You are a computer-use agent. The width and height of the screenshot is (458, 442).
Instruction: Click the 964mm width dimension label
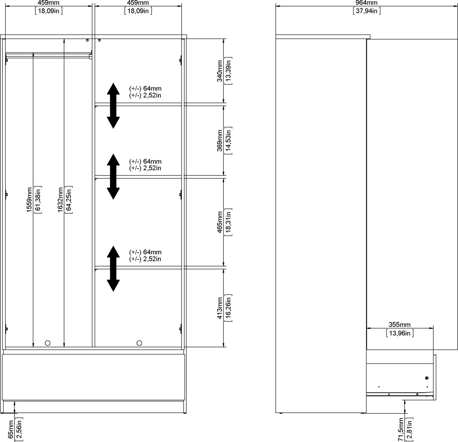coord(367,3)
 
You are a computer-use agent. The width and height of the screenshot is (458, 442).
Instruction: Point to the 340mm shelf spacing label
coord(219,71)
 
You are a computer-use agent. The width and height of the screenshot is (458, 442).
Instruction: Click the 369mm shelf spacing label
coord(219,141)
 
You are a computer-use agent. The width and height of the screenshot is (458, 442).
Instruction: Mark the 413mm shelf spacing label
coord(219,308)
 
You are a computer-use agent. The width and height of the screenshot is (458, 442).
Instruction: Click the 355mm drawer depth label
coord(399,325)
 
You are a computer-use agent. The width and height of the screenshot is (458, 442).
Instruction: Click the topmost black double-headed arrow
coord(113,105)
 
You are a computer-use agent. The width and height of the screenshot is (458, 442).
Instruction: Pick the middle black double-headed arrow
coord(113,176)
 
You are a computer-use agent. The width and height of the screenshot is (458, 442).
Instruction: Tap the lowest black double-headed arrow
coord(113,268)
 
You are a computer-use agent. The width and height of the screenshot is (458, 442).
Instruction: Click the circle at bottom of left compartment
coord(48,343)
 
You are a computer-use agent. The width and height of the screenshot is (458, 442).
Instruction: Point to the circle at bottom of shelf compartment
coord(139,343)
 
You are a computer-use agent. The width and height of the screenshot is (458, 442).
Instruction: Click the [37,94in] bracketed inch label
coord(367,11)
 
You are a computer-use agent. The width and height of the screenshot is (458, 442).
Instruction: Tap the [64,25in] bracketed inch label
coord(68,205)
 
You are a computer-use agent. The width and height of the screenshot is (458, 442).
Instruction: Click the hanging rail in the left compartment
coord(48,56)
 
